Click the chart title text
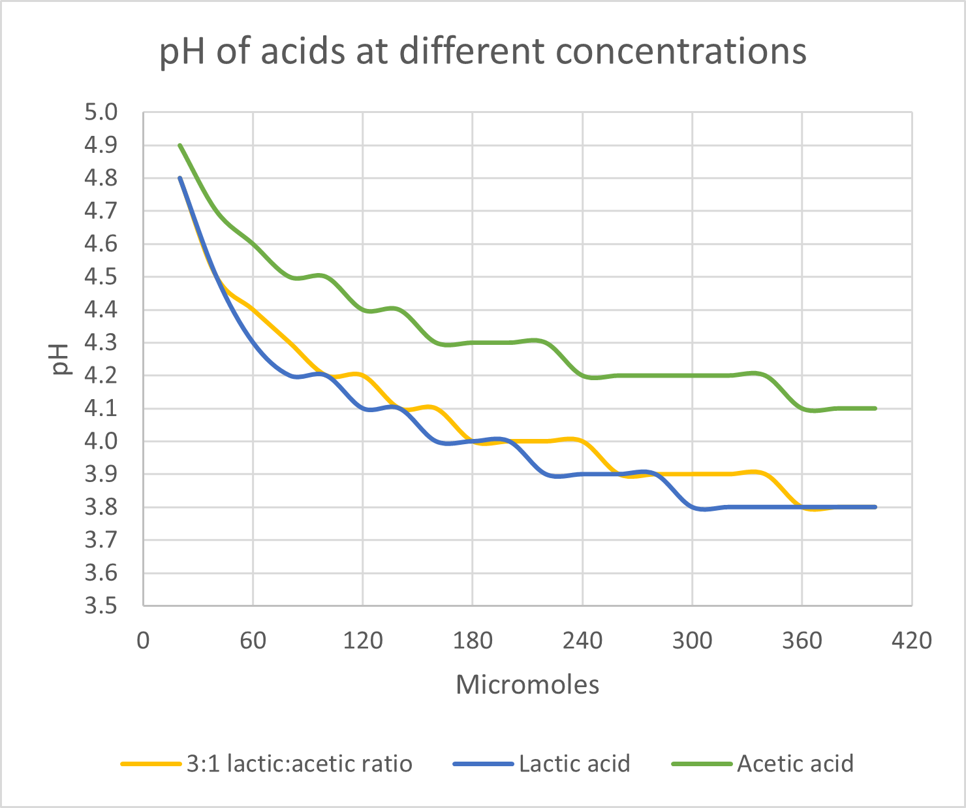point(483,51)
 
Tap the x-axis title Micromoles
point(527,685)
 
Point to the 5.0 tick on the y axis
point(101,112)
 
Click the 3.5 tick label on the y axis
point(101,606)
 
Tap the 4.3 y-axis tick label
point(101,343)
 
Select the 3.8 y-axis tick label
point(101,508)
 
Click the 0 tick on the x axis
point(143,641)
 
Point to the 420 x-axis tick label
point(912,641)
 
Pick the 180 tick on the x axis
point(473,641)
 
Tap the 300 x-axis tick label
point(693,641)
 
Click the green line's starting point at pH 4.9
point(179,145)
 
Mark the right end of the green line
point(875,408)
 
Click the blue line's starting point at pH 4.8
point(179,178)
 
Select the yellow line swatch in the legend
point(151,764)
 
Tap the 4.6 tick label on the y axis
point(101,244)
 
